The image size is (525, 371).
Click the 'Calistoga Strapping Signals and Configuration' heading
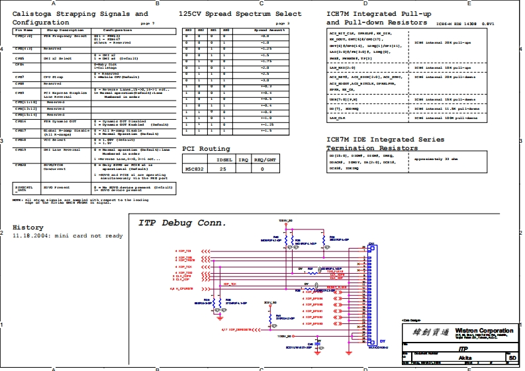pos(80,18)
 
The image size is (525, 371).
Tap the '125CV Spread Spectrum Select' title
pos(240,14)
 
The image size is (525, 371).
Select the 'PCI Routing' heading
pos(206,149)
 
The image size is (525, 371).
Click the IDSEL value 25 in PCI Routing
pos(222,169)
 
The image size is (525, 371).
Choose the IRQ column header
pos(243,160)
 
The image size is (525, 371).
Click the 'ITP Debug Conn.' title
pos(182,223)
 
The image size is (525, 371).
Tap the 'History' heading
pos(28,227)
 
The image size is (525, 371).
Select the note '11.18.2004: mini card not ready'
pos(68,236)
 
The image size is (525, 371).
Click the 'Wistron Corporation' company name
pos(487,331)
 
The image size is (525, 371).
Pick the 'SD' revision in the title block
pos(512,356)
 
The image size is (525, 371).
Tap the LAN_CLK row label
pos(337,118)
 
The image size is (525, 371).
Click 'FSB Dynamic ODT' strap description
pos(59,122)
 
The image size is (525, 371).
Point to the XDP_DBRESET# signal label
pos(237,328)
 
